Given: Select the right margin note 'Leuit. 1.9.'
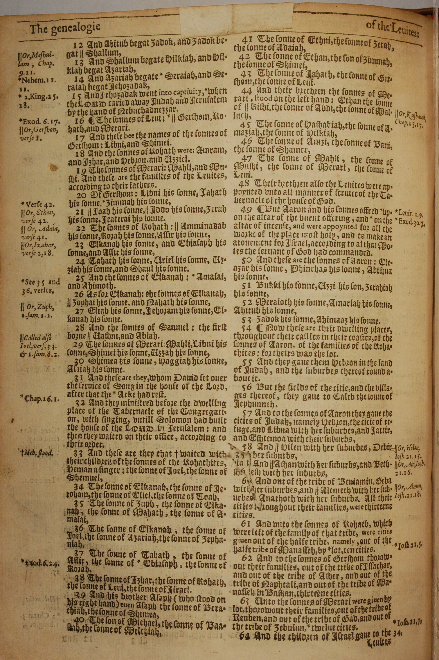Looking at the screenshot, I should pos(410,215).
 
